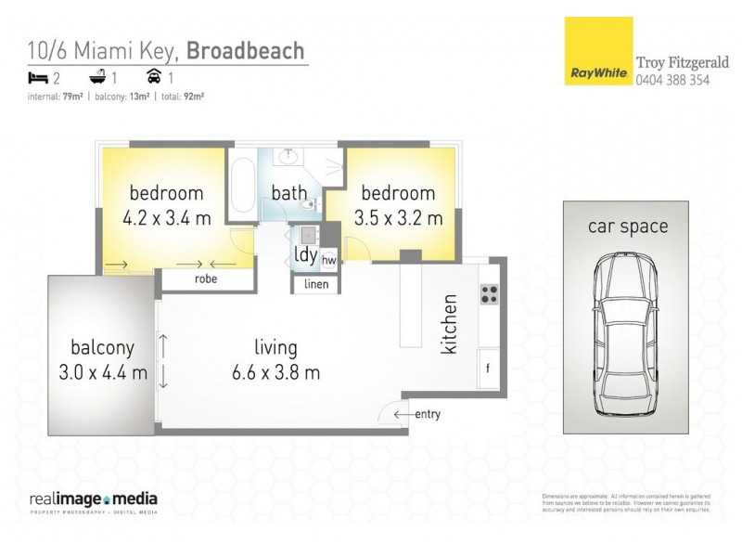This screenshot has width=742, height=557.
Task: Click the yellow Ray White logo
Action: click(598, 51)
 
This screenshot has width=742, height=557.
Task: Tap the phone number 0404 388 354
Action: click(673, 80)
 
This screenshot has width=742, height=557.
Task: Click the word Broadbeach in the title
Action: click(246, 50)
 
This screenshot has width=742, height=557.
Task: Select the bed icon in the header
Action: click(36, 79)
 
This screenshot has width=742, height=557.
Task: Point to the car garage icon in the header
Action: click(152, 79)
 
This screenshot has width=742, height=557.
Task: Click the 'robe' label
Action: click(206, 278)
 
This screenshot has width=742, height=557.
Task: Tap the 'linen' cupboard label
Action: click(316, 284)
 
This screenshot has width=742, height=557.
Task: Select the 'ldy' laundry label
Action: click(304, 254)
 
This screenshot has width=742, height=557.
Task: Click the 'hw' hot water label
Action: click(328, 261)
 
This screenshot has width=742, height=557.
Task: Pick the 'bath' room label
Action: click(288, 193)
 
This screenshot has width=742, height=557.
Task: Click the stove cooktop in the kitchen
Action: click(490, 294)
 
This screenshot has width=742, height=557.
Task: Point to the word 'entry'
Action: click(428, 414)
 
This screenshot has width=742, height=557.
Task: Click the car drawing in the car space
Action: click(626, 333)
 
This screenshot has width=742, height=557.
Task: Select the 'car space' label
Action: click(627, 226)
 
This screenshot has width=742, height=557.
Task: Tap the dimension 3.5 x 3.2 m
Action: click(398, 220)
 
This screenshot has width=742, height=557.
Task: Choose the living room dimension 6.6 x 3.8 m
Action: click(275, 373)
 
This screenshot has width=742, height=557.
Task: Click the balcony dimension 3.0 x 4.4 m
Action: click(102, 373)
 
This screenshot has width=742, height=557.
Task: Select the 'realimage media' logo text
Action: click(93, 499)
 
